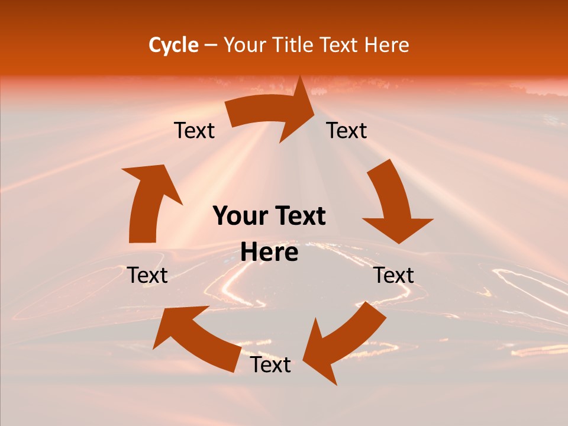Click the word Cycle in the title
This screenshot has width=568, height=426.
(173, 45)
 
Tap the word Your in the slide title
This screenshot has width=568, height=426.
(244, 45)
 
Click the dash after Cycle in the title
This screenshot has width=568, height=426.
(211, 46)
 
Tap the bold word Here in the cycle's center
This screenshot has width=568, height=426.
(269, 253)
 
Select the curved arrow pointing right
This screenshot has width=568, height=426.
(272, 112)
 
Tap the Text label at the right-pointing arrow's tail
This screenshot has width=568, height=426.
(194, 131)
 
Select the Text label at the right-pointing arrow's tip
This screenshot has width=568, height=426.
(347, 131)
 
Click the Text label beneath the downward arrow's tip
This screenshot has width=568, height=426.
(394, 275)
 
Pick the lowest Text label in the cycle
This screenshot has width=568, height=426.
(270, 364)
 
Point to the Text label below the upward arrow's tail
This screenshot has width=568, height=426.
(148, 275)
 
